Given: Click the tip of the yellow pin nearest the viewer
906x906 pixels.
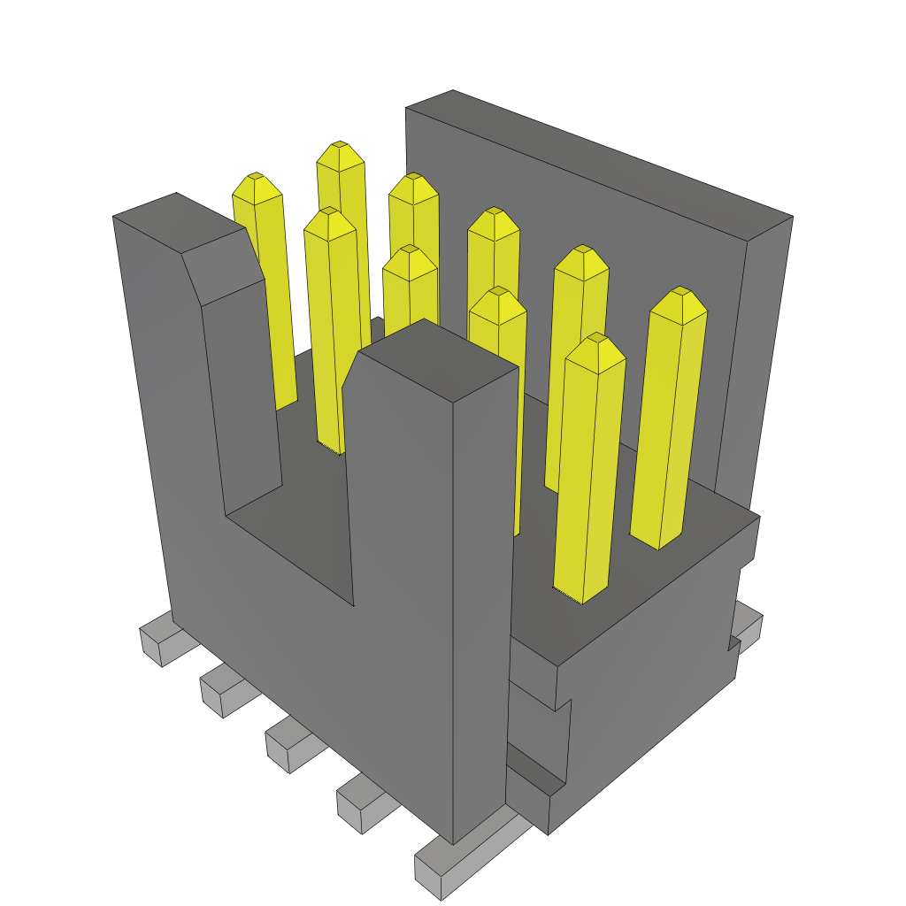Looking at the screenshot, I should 597,338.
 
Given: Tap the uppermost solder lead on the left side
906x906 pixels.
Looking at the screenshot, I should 155,637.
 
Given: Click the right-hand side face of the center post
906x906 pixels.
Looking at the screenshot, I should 482,602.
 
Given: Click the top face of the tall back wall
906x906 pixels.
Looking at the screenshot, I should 602,159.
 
